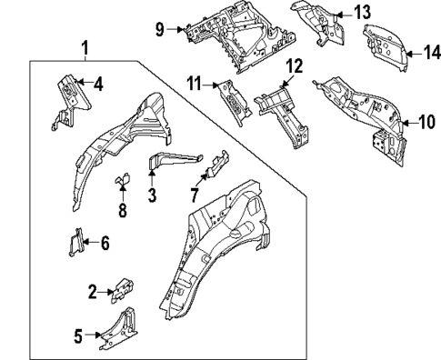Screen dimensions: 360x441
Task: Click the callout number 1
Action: pos(85,47)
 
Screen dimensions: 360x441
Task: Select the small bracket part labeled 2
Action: pos(121,289)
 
